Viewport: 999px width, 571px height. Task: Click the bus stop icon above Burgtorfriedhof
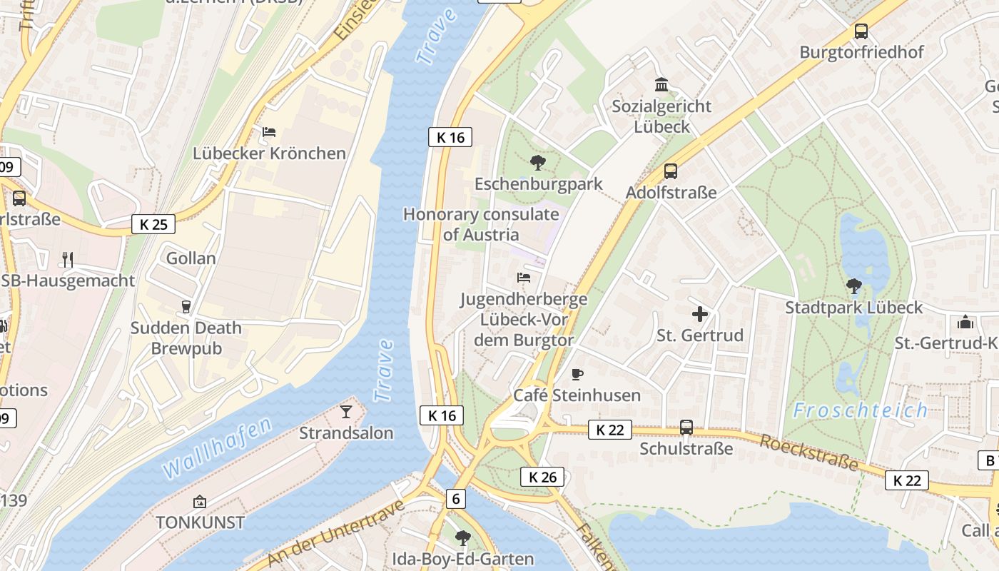(x=861, y=31)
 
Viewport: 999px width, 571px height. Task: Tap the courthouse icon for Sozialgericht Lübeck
(x=661, y=84)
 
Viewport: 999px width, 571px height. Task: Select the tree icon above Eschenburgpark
(x=538, y=163)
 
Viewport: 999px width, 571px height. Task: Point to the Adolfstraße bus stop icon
(x=671, y=171)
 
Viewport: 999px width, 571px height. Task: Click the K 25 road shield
(x=153, y=224)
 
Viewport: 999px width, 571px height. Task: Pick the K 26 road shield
(x=542, y=477)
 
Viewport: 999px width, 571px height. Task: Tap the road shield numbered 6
(x=456, y=498)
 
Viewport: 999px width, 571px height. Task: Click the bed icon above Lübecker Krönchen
(x=269, y=132)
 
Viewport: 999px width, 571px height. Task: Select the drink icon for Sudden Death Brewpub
(x=186, y=307)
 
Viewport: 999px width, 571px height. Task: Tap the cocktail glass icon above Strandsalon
(x=346, y=411)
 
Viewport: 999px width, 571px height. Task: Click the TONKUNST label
(x=201, y=522)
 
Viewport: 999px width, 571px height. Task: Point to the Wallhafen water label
(x=217, y=448)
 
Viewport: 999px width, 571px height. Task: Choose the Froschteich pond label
(x=861, y=410)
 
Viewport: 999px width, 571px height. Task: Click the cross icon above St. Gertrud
(x=700, y=313)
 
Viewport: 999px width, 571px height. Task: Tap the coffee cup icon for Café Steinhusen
(x=577, y=374)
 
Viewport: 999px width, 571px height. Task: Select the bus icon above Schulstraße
(x=686, y=428)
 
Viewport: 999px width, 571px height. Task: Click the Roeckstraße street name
(x=808, y=452)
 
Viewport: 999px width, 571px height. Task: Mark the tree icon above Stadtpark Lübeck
(x=853, y=286)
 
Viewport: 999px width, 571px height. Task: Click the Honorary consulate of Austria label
(x=481, y=224)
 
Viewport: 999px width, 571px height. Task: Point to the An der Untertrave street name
(x=335, y=534)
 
